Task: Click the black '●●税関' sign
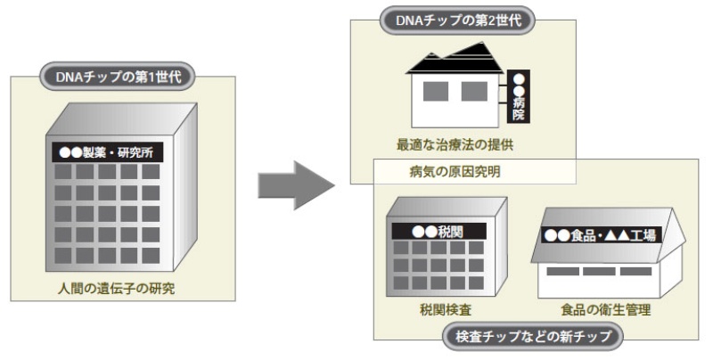click(437, 231)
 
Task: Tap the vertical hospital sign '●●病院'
click(519, 96)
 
